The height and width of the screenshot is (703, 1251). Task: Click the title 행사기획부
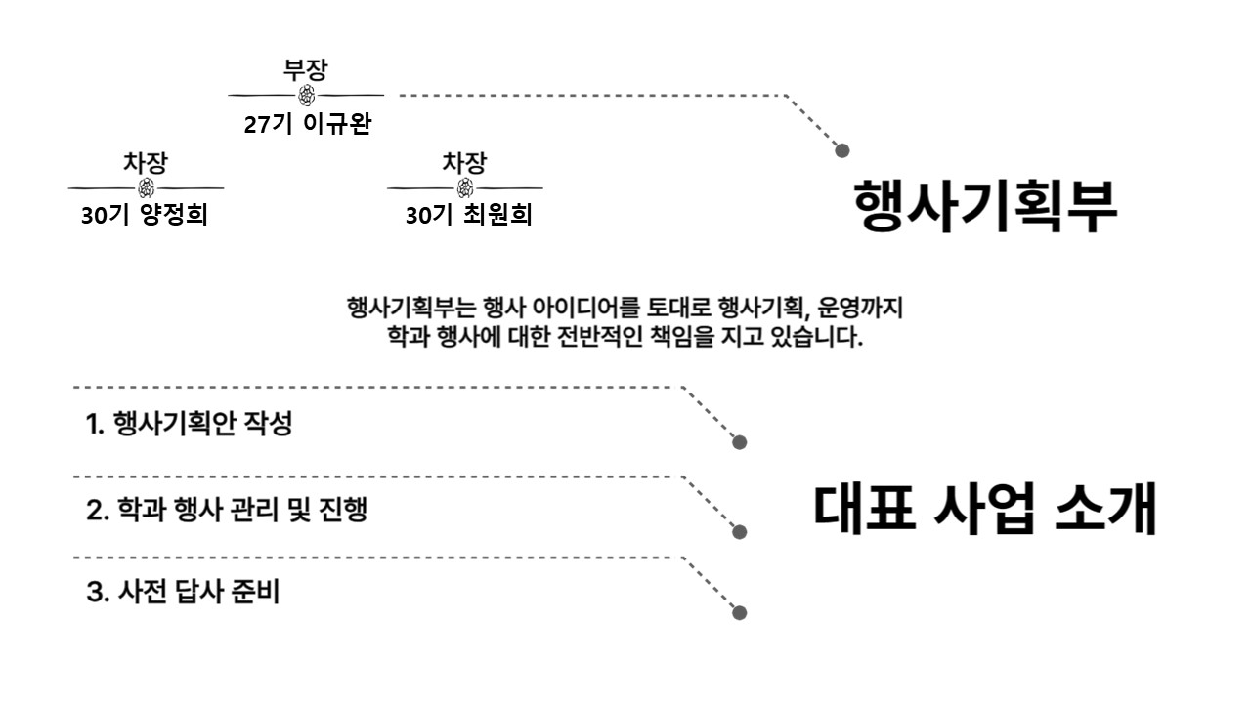985,205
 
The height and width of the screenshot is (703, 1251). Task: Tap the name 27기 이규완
308,124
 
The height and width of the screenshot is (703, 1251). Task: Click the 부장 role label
306,69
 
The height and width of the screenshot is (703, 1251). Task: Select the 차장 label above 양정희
146,162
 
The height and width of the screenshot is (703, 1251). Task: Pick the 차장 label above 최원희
464,162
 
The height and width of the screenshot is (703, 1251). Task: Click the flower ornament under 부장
306,96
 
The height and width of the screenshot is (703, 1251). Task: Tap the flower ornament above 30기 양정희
147,188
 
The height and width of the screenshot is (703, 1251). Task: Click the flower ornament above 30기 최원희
465,188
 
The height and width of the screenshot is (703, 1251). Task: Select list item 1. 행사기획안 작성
189,424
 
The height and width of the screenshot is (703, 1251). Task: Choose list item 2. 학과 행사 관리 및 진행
227,510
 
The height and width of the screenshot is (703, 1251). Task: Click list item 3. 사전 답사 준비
183,592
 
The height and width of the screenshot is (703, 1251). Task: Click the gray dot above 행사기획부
842,150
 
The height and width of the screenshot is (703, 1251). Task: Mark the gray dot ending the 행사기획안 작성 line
740,442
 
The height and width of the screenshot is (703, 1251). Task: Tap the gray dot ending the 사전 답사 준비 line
740,613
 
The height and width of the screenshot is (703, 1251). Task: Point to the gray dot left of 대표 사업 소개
740,532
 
